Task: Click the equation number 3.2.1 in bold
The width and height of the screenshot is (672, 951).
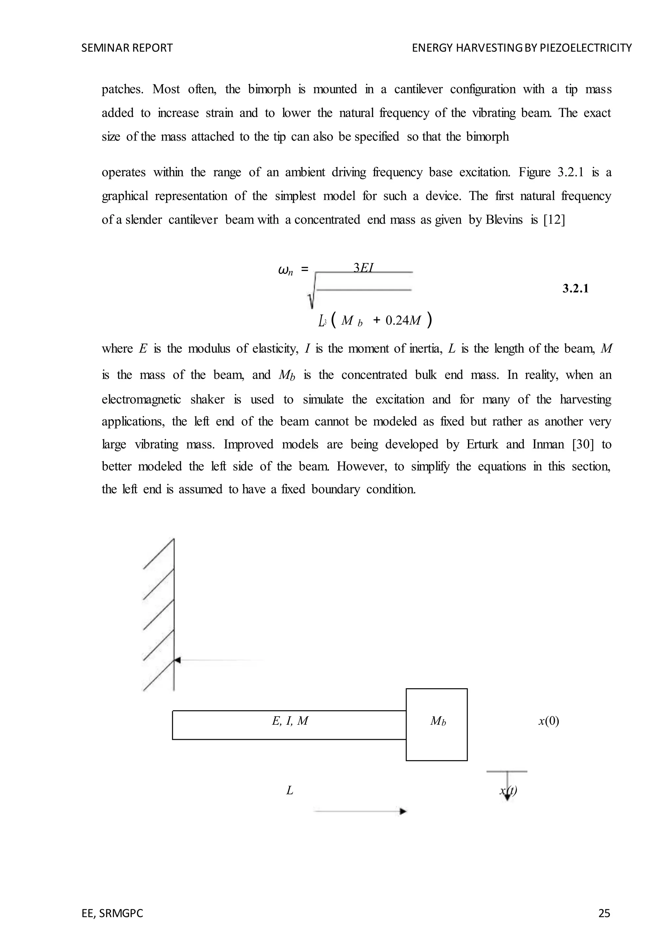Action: pos(575,289)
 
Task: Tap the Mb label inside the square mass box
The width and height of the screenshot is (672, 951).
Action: pos(438,721)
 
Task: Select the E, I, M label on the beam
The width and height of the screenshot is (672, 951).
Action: pos(290,721)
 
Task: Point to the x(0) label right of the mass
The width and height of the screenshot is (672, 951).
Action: pos(549,721)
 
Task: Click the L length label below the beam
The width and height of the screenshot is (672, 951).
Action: pos(290,791)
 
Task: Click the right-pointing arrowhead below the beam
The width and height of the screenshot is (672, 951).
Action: pos(403,811)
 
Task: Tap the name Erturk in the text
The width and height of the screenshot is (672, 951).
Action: pos(482,444)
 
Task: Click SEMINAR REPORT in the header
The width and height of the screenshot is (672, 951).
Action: pos(127,48)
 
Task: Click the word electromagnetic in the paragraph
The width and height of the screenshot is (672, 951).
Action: pos(141,400)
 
